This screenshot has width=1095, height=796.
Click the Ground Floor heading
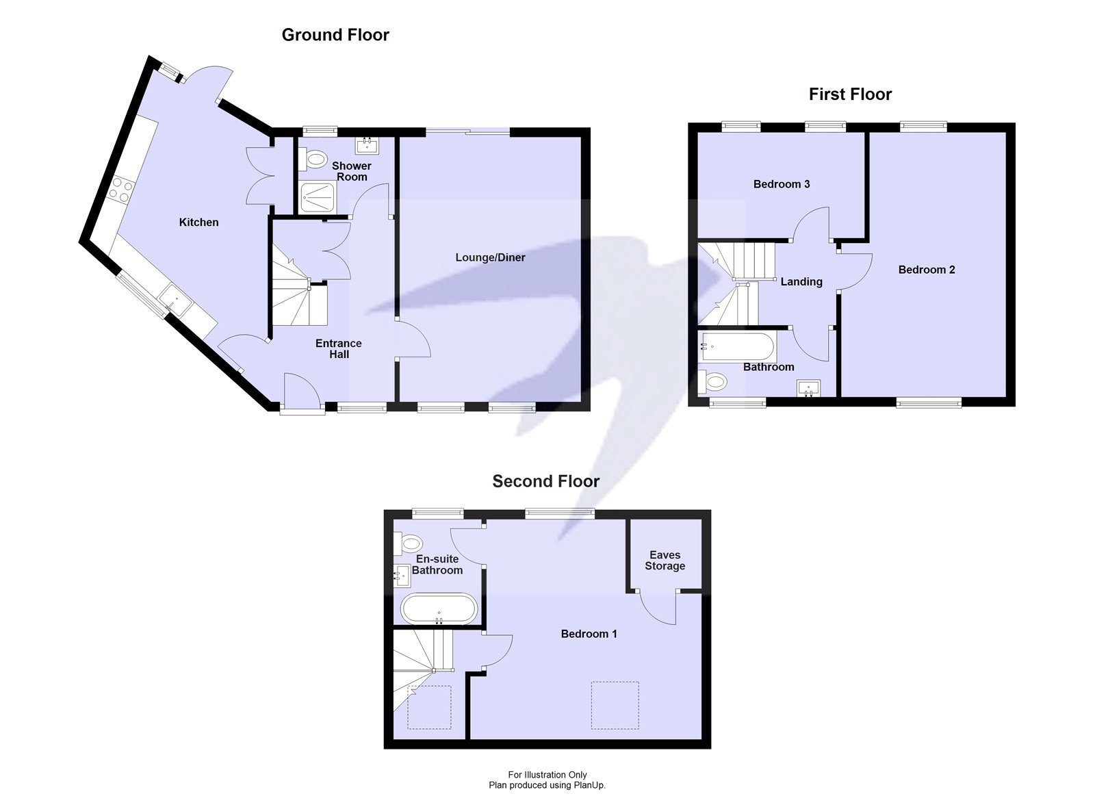click(335, 35)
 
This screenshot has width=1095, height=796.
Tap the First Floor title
click(850, 94)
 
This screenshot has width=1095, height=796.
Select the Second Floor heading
click(545, 481)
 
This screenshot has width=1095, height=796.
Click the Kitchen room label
click(198, 222)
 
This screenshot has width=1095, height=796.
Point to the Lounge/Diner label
click(490, 258)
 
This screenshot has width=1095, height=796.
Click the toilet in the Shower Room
click(315, 160)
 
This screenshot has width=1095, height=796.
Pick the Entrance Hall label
click(338, 349)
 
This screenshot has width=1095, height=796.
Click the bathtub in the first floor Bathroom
click(738, 347)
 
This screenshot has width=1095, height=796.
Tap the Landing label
click(801, 282)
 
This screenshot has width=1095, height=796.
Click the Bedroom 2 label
click(927, 270)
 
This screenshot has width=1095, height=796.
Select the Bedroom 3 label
click(782, 184)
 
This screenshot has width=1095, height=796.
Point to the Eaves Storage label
click(665, 561)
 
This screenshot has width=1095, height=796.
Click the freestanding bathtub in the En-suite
click(438, 608)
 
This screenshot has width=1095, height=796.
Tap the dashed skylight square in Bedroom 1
click(615, 705)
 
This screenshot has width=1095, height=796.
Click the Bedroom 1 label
click(589, 634)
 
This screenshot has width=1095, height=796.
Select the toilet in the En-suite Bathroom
click(409, 544)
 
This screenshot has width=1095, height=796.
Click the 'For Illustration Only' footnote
click(547, 775)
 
